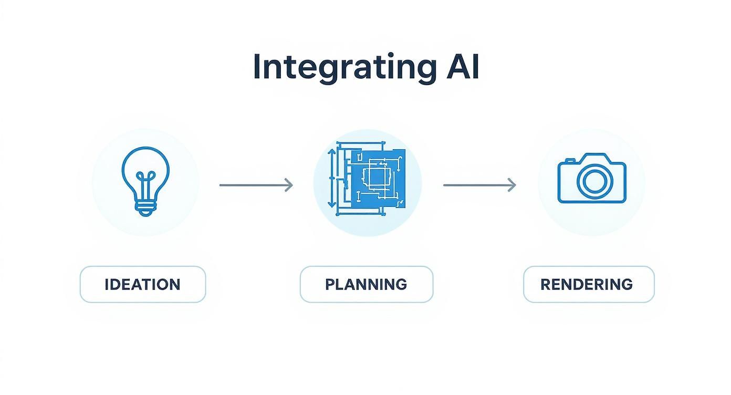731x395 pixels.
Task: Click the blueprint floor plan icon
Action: pos(367,182)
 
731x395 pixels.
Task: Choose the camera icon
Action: pos(592,179)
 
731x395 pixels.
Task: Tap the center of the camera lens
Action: pos(594,181)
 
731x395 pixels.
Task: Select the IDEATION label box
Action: pos(143,284)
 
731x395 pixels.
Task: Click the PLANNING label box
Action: pos(366,284)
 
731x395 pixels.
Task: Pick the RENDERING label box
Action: pos(589,284)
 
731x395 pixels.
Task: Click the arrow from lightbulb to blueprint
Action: pos(256,185)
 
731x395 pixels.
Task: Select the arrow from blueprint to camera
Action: pos(479,185)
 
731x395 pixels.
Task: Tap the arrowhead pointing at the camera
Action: pos(511,185)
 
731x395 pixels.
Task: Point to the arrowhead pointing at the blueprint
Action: pos(288,185)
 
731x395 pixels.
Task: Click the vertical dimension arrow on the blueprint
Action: pos(331,179)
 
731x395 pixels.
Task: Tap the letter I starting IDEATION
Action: pos(107,285)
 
